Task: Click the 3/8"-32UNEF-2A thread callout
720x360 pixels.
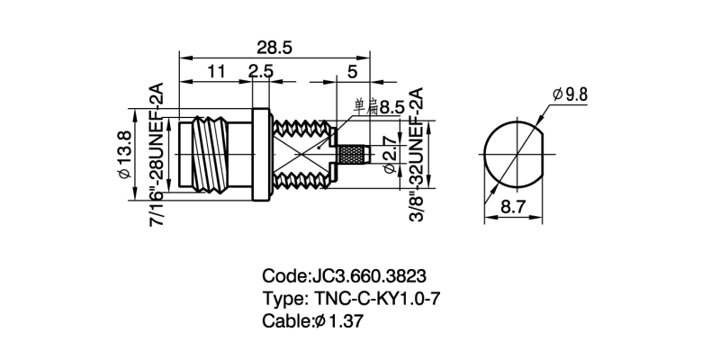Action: tap(416, 155)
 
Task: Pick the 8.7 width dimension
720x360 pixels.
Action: tap(513, 208)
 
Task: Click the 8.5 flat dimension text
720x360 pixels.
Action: tap(391, 107)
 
